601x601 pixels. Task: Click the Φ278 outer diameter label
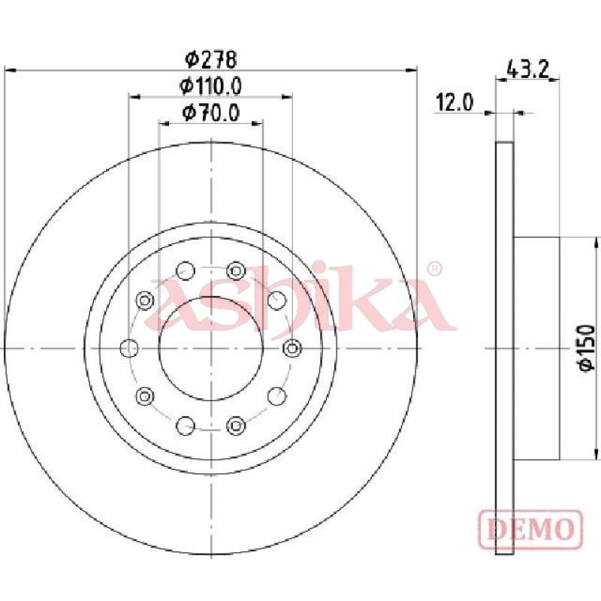click(211, 59)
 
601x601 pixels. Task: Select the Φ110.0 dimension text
click(211, 86)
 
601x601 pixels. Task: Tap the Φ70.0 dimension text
click(211, 112)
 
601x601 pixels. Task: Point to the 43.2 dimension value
click(528, 70)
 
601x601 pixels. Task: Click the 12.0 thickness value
click(455, 103)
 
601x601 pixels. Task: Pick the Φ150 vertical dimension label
click(587, 348)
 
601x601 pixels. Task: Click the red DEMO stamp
click(530, 530)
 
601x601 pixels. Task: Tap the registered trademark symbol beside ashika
click(434, 269)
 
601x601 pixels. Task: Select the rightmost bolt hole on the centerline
click(292, 348)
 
